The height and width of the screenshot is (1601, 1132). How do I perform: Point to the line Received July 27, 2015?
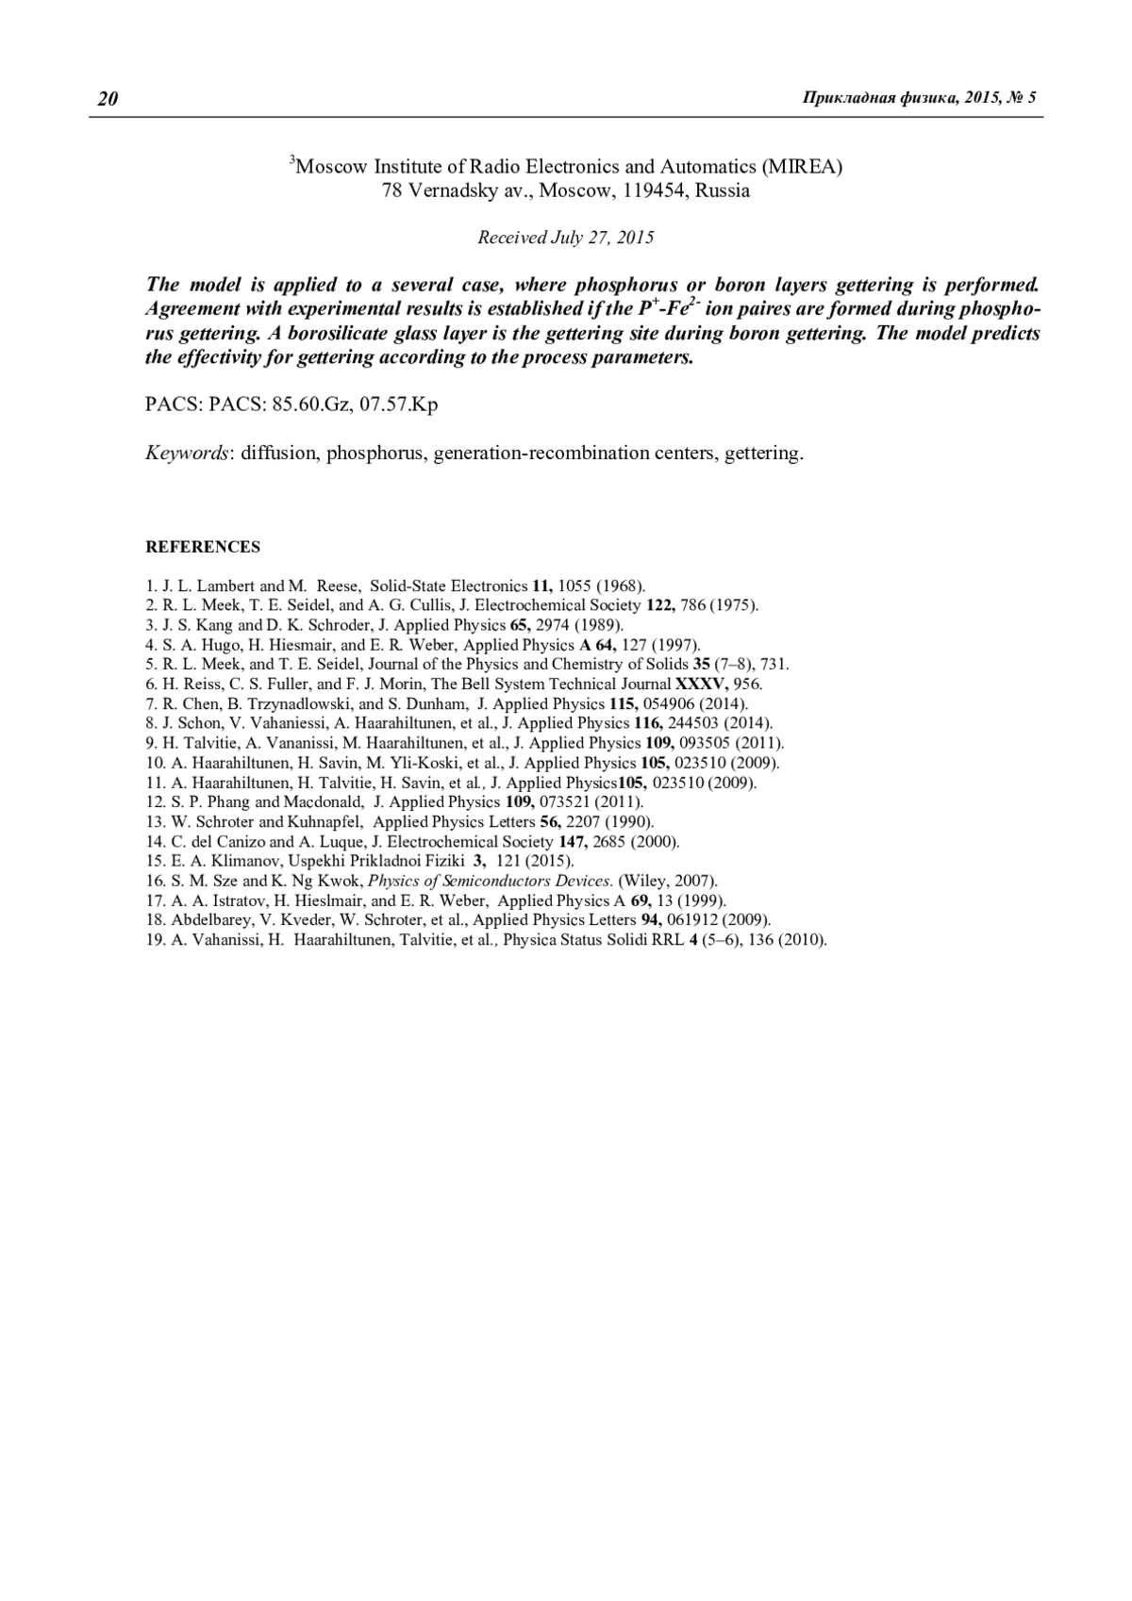pos(565,238)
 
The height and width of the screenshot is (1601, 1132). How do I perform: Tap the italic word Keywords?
pos(187,453)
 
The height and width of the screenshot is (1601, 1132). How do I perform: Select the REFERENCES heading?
pos(203,547)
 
